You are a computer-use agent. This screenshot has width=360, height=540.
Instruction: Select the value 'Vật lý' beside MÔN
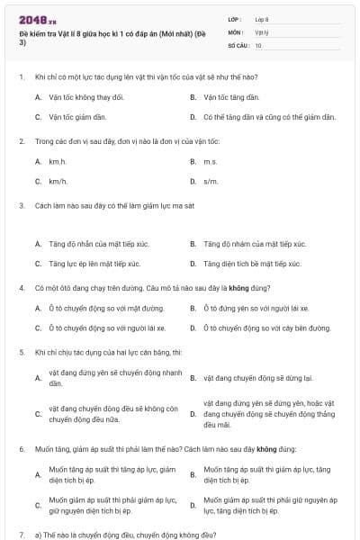261,31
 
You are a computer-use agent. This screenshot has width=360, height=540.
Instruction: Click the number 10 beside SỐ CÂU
258,44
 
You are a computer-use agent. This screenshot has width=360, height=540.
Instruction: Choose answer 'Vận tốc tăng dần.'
231,96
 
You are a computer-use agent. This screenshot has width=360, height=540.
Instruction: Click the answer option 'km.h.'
58,161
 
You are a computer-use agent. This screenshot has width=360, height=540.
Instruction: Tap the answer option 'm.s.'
211,161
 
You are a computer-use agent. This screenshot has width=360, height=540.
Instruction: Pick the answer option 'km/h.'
58,181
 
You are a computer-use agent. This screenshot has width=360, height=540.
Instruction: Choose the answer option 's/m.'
211,181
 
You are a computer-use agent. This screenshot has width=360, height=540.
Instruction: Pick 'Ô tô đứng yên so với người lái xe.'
256,308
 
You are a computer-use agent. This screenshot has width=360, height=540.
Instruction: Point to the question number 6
21,447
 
